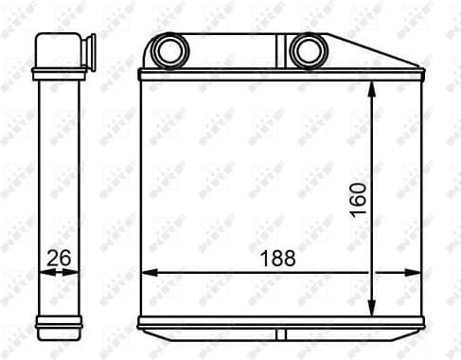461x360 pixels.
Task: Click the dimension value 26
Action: pos(58,257)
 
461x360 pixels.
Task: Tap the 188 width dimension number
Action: pos(278,258)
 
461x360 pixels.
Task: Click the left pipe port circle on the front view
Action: pos(170,48)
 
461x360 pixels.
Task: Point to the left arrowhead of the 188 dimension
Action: pos(146,272)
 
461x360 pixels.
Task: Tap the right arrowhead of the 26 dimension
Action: pos(76,272)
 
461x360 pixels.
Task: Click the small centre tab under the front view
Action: pos(281,335)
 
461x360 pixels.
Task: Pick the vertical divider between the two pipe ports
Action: pos(281,50)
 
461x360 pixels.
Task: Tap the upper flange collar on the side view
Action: pos(58,72)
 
